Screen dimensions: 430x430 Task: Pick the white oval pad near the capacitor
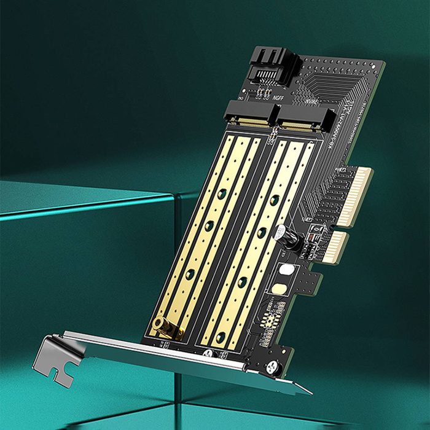[286, 268]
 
